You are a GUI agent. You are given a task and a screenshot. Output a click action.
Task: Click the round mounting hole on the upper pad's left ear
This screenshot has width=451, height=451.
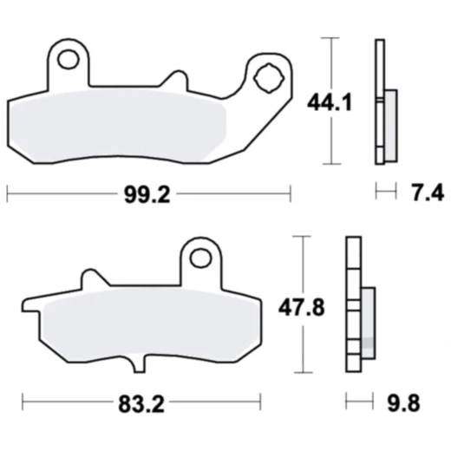pos(69,60)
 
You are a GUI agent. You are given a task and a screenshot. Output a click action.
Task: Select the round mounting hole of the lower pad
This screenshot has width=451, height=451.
pos(201,257)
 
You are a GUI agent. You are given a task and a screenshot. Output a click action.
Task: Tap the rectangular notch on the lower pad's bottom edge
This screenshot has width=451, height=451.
pos(143,363)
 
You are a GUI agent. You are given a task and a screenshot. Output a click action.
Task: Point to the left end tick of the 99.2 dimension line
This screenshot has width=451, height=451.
pos(7,191)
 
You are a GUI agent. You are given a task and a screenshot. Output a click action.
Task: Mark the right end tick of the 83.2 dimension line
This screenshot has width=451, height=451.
pos(260,402)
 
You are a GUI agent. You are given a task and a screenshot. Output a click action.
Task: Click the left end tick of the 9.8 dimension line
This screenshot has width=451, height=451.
pos(346,402)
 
